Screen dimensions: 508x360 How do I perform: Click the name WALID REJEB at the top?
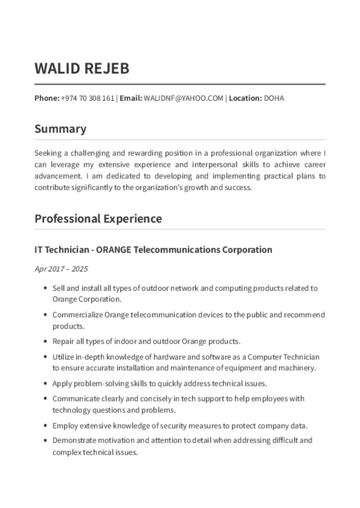click(82, 68)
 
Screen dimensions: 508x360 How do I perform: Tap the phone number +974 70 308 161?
click(87, 98)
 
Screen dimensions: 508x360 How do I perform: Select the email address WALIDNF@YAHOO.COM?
click(183, 98)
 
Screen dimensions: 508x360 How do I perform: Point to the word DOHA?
click(274, 98)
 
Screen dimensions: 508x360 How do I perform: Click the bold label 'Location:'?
click(245, 98)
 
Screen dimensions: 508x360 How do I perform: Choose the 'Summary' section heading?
click(60, 129)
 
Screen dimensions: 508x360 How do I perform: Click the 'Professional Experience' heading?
click(98, 219)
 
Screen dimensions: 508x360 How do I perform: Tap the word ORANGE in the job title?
click(114, 250)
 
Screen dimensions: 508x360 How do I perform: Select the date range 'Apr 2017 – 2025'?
click(61, 269)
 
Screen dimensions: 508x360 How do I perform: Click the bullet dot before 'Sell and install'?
click(46, 288)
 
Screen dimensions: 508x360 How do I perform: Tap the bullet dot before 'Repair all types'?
click(46, 342)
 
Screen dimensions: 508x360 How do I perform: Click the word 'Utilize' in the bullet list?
click(63, 357)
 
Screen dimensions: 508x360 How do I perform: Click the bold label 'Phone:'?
click(47, 98)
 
